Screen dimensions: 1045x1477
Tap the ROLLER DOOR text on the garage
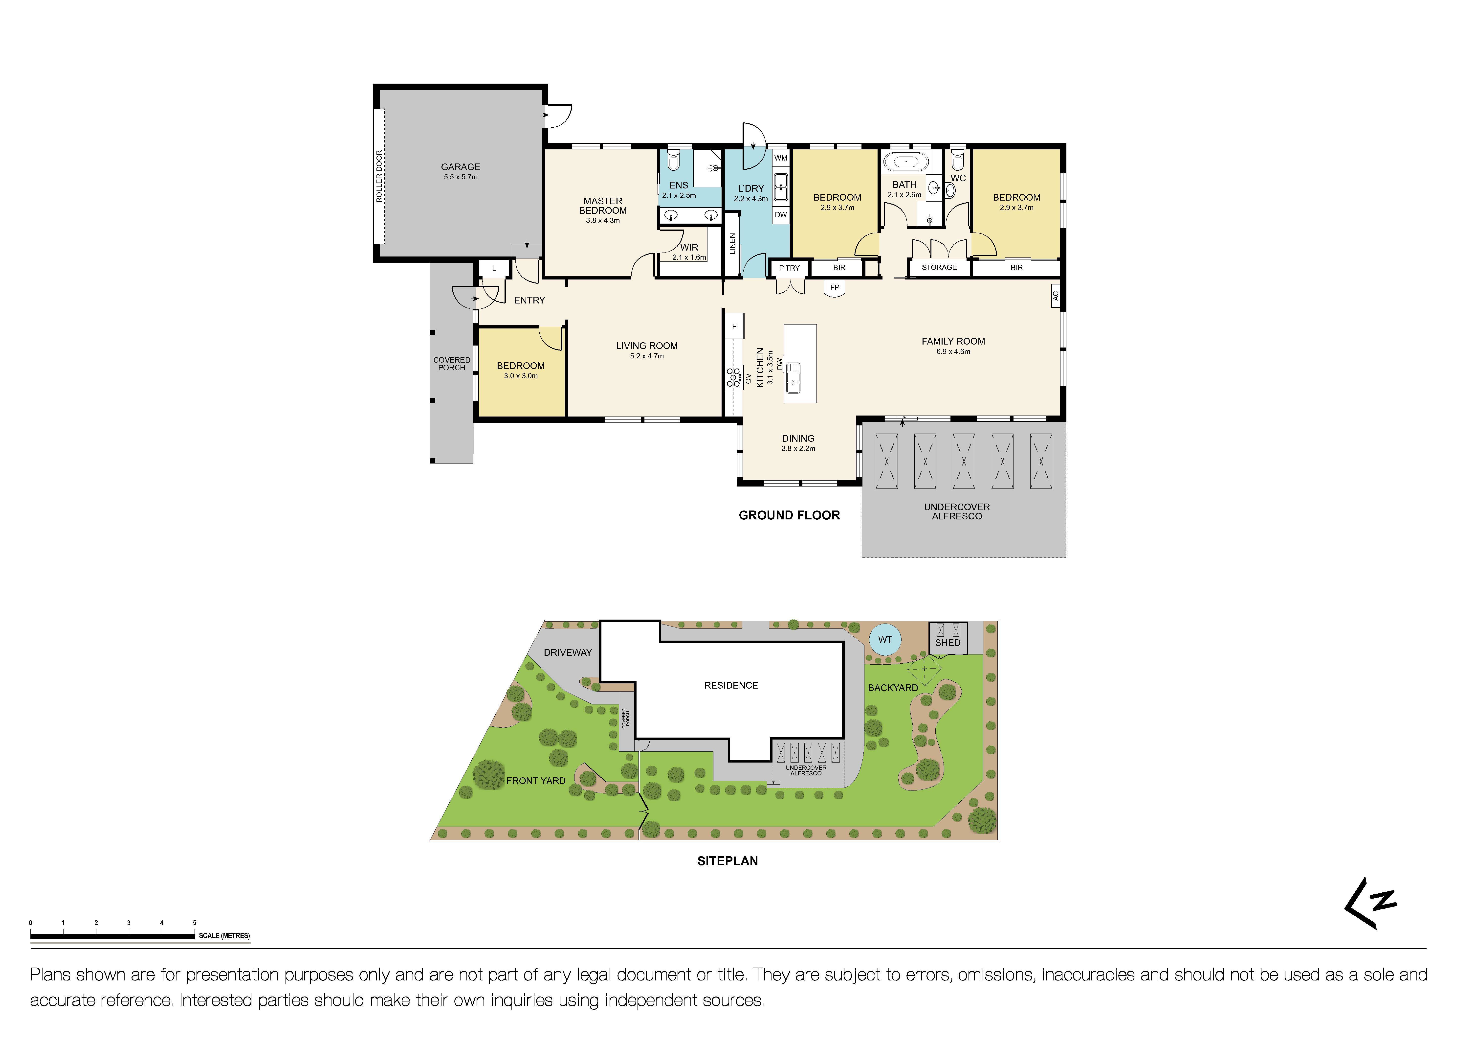[379, 176]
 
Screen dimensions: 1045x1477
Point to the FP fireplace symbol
[834, 288]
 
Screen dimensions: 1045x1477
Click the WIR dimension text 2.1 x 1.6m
[689, 257]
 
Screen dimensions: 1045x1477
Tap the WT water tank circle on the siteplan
[885, 640]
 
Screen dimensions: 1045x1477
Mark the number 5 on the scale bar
[194, 923]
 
